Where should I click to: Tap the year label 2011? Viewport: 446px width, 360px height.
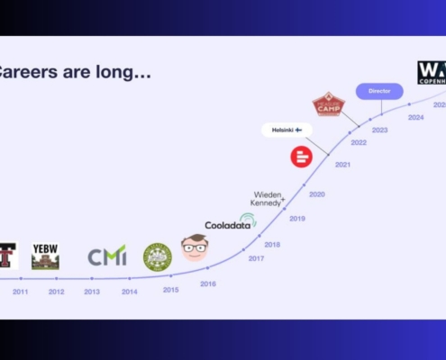pyautogui.click(x=20, y=292)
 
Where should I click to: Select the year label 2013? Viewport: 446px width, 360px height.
pyautogui.click(x=92, y=292)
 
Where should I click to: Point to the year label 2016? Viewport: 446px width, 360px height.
pyautogui.click(x=208, y=283)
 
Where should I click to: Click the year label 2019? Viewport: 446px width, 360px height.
pyautogui.click(x=297, y=219)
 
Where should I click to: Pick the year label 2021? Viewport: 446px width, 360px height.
pyautogui.click(x=342, y=165)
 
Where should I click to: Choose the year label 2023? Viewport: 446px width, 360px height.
pyautogui.click(x=380, y=130)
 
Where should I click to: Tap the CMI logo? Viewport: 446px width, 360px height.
pyautogui.click(x=107, y=256)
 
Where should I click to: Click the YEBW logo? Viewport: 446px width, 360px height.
pyautogui.click(x=45, y=256)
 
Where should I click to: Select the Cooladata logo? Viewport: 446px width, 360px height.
pyautogui.click(x=231, y=222)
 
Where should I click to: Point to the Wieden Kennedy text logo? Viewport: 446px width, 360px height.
pyautogui.click(x=269, y=198)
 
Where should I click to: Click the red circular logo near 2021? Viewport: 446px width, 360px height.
pyautogui.click(x=301, y=157)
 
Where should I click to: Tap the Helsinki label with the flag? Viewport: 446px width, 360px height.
pyautogui.click(x=287, y=130)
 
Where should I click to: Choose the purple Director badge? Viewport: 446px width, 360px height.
pyautogui.click(x=379, y=91)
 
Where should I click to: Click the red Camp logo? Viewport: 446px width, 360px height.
pyautogui.click(x=329, y=104)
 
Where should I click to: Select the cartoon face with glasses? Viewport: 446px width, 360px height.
pyautogui.click(x=195, y=247)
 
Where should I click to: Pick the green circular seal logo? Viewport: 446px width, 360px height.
pyautogui.click(x=157, y=256)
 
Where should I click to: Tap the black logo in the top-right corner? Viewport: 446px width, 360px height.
pyautogui.click(x=432, y=72)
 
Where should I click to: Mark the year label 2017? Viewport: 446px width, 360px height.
pyautogui.click(x=256, y=258)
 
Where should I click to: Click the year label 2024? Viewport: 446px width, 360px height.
pyautogui.click(x=415, y=117)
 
